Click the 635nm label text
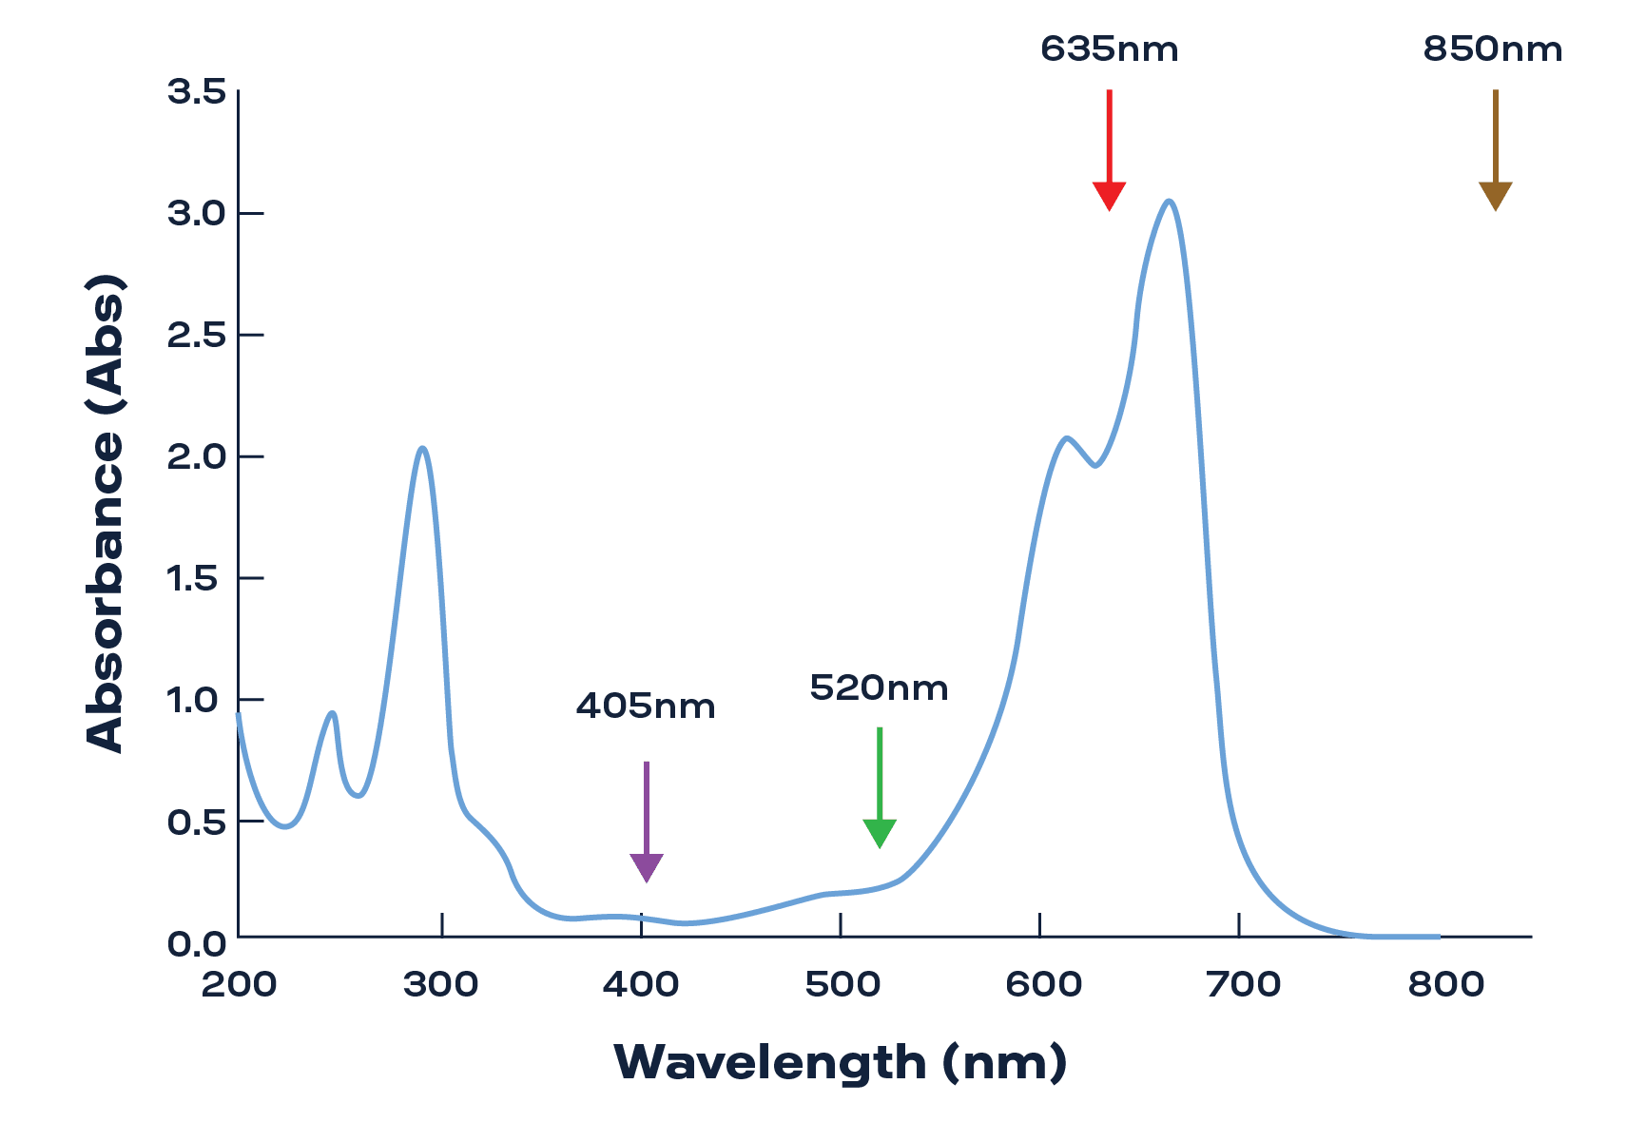1109,49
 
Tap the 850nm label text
1492,49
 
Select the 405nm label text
645,706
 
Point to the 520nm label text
879,688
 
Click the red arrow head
1109,195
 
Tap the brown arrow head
1495,195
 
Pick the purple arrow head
647,867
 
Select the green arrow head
880,832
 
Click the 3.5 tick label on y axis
197,92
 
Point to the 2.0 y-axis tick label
197,457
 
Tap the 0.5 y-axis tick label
197,823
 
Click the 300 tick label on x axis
440,985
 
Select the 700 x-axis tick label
1243,985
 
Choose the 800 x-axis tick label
1445,985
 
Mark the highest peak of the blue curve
1169,201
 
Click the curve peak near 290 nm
422,448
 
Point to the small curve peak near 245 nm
332,712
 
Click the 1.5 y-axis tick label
197,579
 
